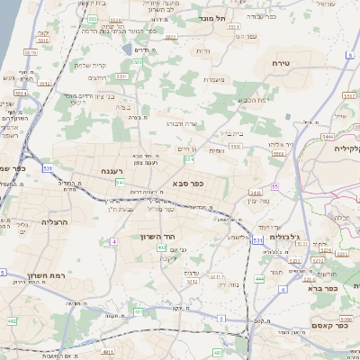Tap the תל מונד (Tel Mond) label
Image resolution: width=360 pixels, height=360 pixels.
coord(238,17)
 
